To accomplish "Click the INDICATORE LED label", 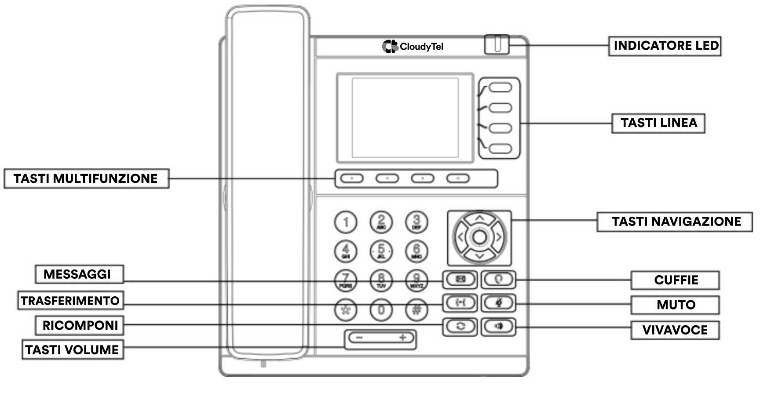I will coord(665,46).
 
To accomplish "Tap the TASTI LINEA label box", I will coord(658,123).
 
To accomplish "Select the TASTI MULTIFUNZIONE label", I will coord(86,178).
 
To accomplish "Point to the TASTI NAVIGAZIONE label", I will coord(675,222).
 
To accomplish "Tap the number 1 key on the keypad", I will coord(346,222).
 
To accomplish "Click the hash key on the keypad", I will coord(417,310).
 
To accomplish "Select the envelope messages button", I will coord(460,279).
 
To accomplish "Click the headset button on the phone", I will coord(498,279).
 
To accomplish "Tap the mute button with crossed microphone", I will coord(498,302).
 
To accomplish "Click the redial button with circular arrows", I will coord(460,326).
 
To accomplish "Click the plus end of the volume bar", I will coord(402,338).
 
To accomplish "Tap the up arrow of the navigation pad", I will coord(479,218).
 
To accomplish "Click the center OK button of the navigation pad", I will coord(479,237).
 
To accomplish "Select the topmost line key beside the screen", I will coord(500,87).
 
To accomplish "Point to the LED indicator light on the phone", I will coord(497,44).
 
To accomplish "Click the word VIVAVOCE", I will coord(675,330).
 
